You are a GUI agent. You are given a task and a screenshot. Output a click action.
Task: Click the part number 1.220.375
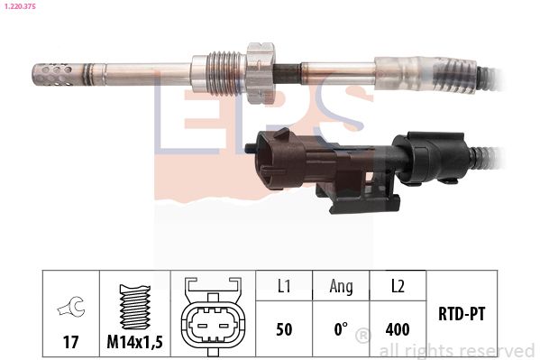pos(20,6)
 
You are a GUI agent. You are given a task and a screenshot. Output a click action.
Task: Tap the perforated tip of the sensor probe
pos(53,74)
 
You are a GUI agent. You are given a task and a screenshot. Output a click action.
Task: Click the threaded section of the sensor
pos(226,73)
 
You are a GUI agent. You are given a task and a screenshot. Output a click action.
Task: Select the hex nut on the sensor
pos(261,73)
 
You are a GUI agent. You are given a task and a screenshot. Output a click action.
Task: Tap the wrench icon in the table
pos(71,307)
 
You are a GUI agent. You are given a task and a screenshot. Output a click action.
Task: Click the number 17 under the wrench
pos(70,342)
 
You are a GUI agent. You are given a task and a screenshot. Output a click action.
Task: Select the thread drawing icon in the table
pos(135,307)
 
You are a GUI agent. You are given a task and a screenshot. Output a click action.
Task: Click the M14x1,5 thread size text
pos(134,342)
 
